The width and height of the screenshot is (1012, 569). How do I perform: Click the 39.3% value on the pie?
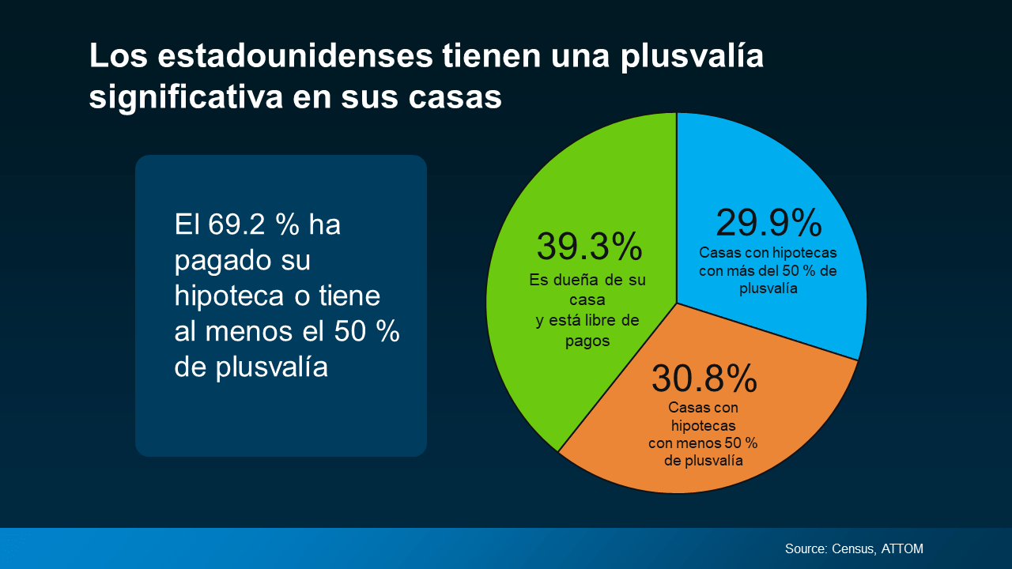(590, 247)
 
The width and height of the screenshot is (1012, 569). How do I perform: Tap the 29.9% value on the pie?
(768, 223)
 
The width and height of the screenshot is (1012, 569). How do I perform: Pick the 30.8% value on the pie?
(704, 379)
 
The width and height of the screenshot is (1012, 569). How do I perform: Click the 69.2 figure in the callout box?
(238, 224)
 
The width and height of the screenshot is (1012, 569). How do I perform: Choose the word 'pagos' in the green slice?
(587, 341)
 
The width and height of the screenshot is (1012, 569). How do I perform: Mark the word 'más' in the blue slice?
(752, 271)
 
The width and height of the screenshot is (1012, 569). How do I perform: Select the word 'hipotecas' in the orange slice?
(704, 426)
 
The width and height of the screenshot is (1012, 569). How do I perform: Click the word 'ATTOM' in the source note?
(902, 548)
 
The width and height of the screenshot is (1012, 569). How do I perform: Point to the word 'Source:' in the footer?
(806, 548)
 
